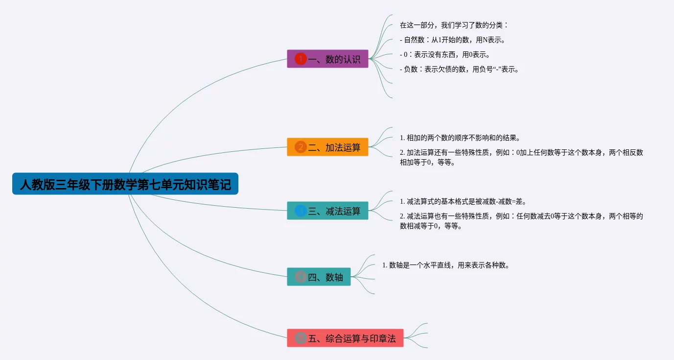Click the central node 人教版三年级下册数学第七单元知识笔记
tap(125, 184)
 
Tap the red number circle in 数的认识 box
tap(301, 59)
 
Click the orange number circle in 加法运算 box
tap(301, 147)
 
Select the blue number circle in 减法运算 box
tap(301, 211)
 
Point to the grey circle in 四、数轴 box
tap(301, 277)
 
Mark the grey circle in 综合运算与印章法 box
tap(301, 338)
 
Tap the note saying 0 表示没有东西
tap(444, 54)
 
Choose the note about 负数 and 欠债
tap(459, 69)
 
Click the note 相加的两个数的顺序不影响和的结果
tap(460, 138)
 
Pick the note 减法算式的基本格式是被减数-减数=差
tap(463, 201)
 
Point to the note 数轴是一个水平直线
tap(446, 265)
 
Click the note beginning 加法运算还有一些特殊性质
tap(521, 157)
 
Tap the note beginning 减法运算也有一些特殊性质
tap(521, 221)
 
